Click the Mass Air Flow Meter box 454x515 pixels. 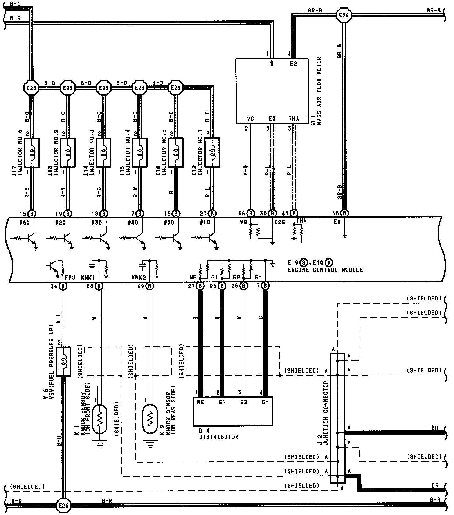tap(272, 91)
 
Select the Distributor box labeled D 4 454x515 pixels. tap(233, 411)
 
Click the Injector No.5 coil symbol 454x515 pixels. tap(176, 152)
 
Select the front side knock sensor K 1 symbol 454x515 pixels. tap(99, 419)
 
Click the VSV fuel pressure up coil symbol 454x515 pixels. tap(63, 361)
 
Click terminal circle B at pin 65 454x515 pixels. tap(344, 213)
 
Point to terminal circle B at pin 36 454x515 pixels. tap(63, 286)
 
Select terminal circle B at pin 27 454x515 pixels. tap(200, 286)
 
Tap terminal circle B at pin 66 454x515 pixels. tap(250, 213)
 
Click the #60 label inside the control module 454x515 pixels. tap(24, 222)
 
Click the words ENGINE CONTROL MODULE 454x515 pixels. tap(325, 270)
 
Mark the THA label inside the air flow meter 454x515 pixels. tap(294, 119)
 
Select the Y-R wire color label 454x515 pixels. tap(246, 171)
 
